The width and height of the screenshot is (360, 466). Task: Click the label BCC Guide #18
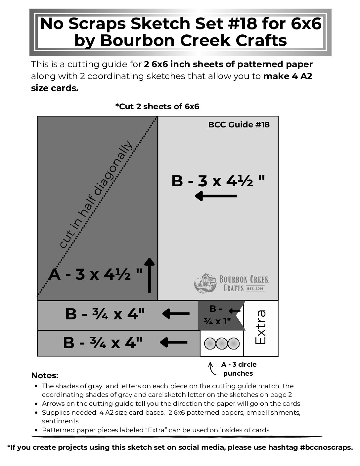pyautogui.click(x=239, y=125)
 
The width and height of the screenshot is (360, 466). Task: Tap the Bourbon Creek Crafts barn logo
pyautogui.click(x=205, y=283)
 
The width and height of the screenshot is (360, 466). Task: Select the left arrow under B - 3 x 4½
pyautogui.click(x=216, y=196)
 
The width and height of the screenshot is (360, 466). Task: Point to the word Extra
pyautogui.click(x=261, y=327)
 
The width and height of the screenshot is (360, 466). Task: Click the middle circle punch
pyautogui.click(x=222, y=344)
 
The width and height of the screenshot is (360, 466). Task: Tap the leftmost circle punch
pyautogui.click(x=210, y=344)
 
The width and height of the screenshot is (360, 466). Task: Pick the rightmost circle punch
pyautogui.click(x=233, y=344)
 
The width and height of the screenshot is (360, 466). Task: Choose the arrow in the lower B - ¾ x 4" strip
pyautogui.click(x=174, y=342)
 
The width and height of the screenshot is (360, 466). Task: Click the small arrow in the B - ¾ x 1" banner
pyautogui.click(x=234, y=311)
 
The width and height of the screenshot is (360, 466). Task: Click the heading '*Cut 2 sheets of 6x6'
pyautogui.click(x=157, y=107)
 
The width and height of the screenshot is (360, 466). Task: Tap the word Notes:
pyautogui.click(x=45, y=376)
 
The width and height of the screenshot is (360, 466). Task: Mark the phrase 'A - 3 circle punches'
pyautogui.click(x=239, y=369)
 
